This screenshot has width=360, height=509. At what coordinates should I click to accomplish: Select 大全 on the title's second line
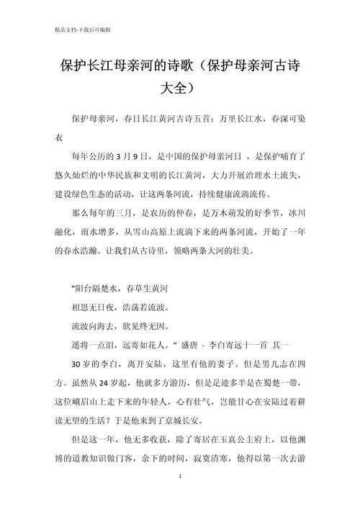coord(178,89)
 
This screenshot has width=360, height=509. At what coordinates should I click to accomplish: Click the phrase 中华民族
coord(135,174)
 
